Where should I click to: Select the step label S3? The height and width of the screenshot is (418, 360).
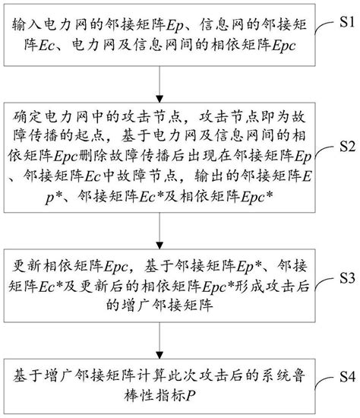[344, 275]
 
